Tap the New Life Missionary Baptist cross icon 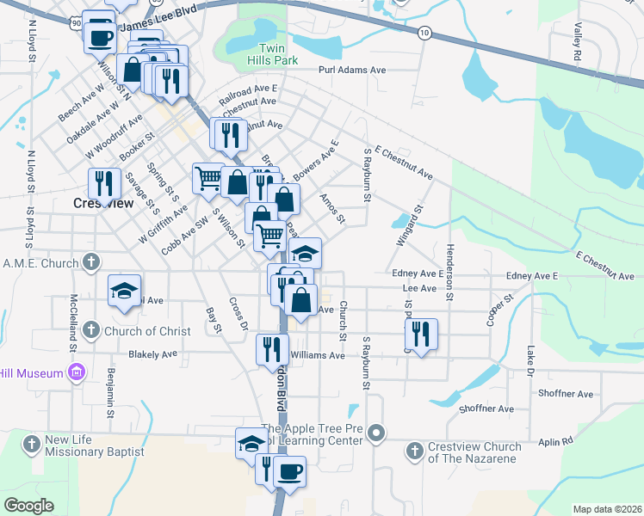tap(31, 444)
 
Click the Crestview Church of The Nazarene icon tap(414, 450)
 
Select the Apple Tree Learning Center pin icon tap(375, 433)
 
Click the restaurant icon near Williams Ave tap(272, 348)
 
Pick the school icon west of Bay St tap(124, 290)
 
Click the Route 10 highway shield tap(424, 32)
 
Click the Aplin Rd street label tap(555, 440)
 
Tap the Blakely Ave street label tap(152, 353)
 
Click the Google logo tap(29, 505)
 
